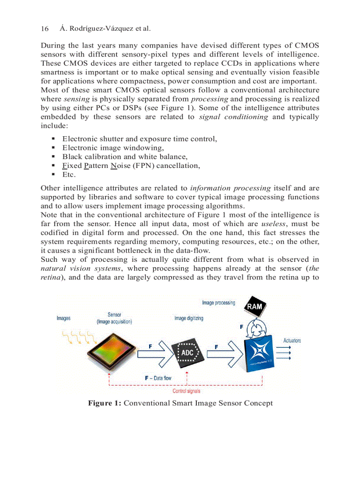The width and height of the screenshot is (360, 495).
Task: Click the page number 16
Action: point(44,29)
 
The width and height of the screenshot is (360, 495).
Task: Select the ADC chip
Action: point(187,353)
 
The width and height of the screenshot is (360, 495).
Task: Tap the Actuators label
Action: point(292,340)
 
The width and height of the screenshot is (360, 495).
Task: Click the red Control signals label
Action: point(186,391)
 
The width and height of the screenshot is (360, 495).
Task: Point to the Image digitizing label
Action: point(189,318)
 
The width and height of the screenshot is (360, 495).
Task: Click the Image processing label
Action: point(219,303)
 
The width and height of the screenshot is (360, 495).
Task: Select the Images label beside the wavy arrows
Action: point(64,318)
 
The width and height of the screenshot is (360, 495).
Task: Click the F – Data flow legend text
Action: point(158,378)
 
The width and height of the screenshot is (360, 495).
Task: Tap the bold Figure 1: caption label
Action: point(105,403)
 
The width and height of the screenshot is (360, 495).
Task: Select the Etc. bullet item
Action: point(69,175)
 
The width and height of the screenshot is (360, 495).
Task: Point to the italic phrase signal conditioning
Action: point(233,117)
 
